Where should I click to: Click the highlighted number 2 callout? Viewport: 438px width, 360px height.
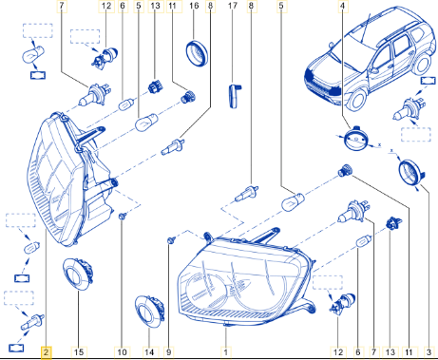(46, 352)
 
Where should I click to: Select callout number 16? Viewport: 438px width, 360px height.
(194, 6)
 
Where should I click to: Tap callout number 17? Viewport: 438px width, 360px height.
(233, 6)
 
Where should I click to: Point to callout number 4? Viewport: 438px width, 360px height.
(342, 6)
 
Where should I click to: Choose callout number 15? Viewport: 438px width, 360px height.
(79, 352)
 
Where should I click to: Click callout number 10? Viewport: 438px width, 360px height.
(122, 352)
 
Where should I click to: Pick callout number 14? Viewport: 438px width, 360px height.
(149, 352)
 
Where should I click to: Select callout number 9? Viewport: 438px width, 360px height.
(169, 352)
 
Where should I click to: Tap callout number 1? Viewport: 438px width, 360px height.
(226, 352)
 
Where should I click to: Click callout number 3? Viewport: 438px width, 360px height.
(429, 352)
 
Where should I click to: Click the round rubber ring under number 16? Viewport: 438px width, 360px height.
(197, 53)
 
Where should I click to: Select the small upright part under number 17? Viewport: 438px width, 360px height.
(235, 96)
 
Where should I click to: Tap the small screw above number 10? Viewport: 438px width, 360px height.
(122, 217)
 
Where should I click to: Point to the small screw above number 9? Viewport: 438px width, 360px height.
(171, 240)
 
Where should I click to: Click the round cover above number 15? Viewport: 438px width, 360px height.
(78, 274)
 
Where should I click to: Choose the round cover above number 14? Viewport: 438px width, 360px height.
(150, 313)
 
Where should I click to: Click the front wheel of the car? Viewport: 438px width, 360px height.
(358, 99)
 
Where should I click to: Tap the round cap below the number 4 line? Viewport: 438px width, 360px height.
(357, 139)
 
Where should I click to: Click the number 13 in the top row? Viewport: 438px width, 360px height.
(156, 6)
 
